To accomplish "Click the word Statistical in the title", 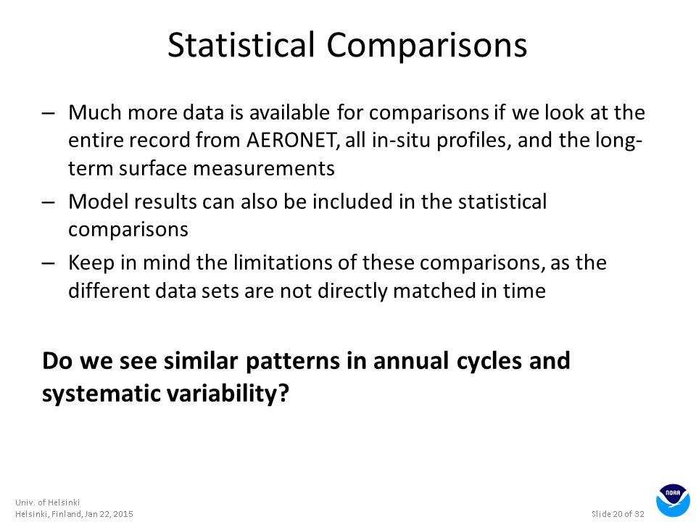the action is pyautogui.click(x=241, y=44).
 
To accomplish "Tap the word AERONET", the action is pyautogui.click(x=292, y=140).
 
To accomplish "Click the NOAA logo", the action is pyautogui.click(x=673, y=500).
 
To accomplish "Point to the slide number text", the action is pyautogui.click(x=618, y=514).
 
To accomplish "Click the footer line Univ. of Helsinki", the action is pyautogui.click(x=48, y=502).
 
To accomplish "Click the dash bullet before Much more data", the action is pyautogui.click(x=49, y=113).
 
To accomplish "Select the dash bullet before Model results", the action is pyautogui.click(x=49, y=202).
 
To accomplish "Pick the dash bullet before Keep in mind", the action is pyautogui.click(x=49, y=263).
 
